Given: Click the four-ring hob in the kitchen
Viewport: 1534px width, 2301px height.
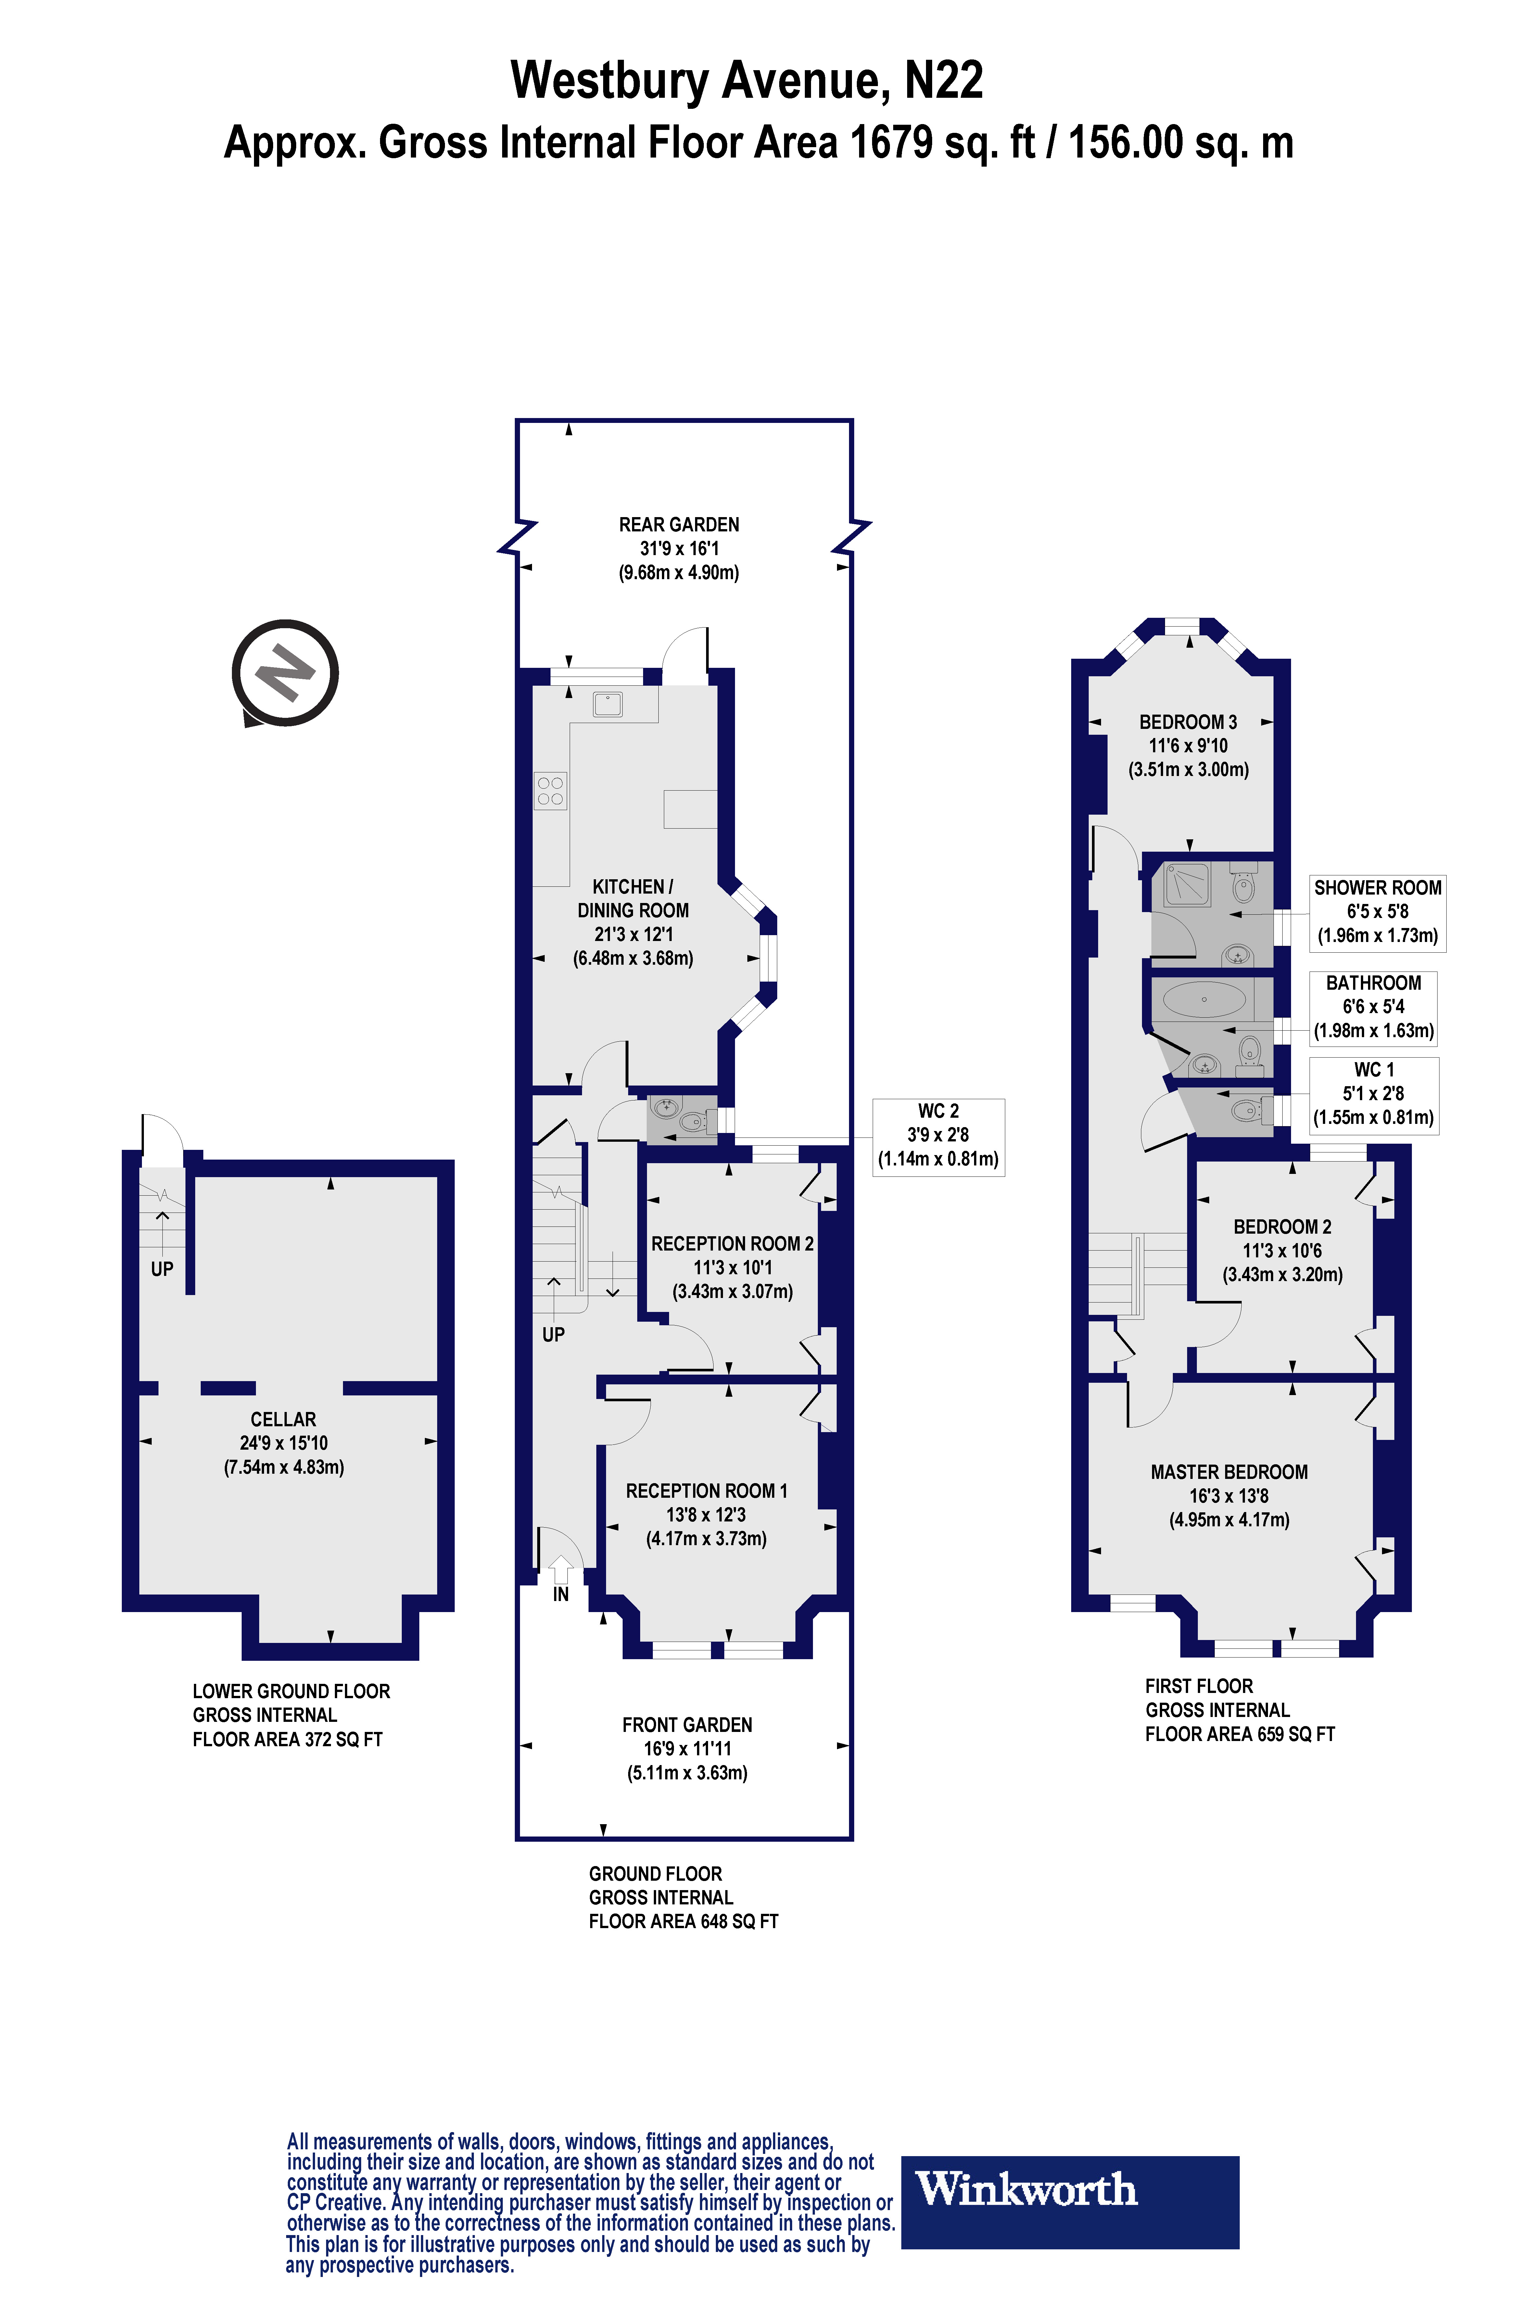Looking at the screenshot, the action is (x=550, y=791).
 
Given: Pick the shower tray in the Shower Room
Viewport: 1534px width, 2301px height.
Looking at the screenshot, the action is (x=1187, y=884).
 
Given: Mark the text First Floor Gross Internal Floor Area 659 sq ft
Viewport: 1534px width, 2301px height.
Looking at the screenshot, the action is (x=1239, y=1710).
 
